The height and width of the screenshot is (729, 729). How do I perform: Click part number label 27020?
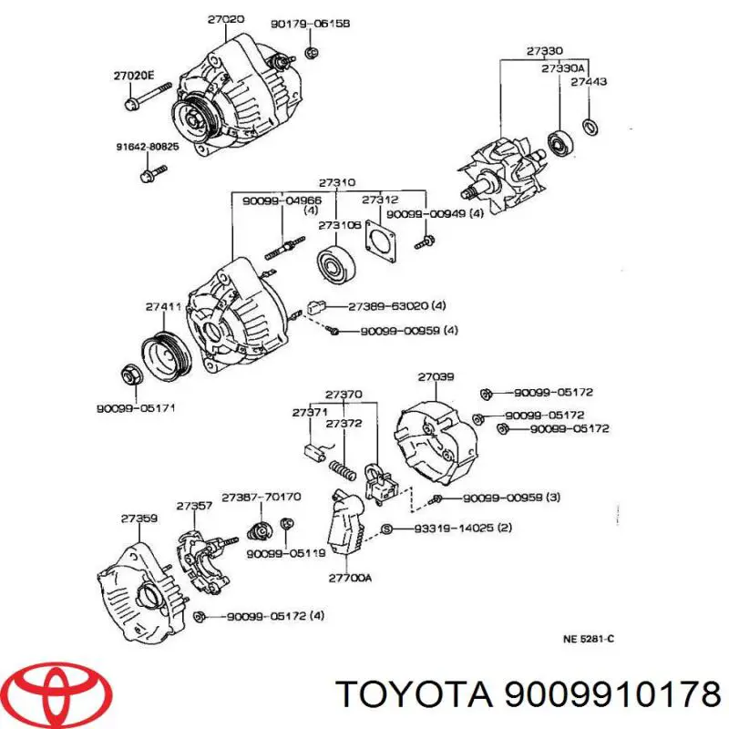[226, 18]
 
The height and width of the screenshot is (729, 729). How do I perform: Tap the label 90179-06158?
[298, 24]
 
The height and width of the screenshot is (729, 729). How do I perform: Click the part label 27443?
[589, 82]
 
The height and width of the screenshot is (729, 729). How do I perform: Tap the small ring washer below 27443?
[590, 126]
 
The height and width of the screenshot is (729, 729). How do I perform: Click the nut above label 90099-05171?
[129, 375]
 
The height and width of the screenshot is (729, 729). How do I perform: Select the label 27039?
[436, 376]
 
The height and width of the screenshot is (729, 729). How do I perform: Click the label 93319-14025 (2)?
[452, 529]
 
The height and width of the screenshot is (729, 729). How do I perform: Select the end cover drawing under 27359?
[137, 583]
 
